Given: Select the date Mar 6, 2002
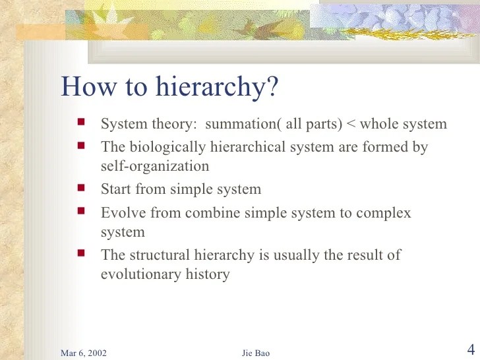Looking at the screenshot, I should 84,353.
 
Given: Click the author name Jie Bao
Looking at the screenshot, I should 256,353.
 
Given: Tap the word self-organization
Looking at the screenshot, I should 154,166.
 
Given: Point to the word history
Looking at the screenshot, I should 208,274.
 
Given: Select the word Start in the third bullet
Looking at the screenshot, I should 115,189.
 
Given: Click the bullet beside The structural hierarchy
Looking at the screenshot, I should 81,253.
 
